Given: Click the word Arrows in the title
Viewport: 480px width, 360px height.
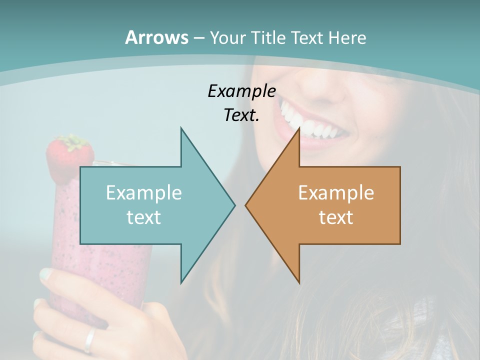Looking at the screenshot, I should pyautogui.click(x=157, y=37).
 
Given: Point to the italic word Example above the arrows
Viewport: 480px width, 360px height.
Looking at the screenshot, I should pyautogui.click(x=242, y=91).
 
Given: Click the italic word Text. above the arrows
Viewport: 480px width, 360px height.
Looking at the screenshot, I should pyautogui.click(x=242, y=115).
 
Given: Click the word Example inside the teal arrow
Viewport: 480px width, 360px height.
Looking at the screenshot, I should pyautogui.click(x=144, y=193).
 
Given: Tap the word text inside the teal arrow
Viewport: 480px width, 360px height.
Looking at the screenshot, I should pyautogui.click(x=144, y=217).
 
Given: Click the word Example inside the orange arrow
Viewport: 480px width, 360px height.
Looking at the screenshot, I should pyautogui.click(x=336, y=193).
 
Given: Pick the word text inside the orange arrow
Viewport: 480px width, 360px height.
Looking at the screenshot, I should pyautogui.click(x=336, y=217).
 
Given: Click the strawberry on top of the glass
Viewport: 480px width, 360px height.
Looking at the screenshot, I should pyautogui.click(x=69, y=155).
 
